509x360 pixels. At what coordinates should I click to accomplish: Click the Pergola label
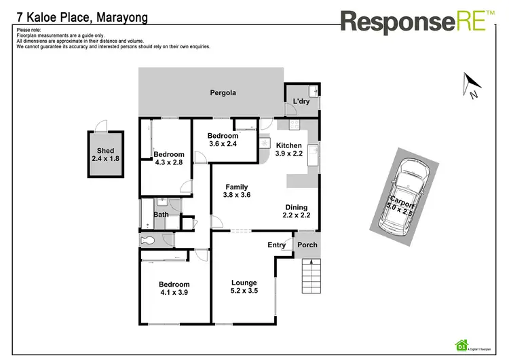tap(222, 92)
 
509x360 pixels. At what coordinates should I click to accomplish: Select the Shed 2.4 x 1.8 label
tap(105, 155)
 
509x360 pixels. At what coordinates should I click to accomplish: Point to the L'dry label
tap(301, 102)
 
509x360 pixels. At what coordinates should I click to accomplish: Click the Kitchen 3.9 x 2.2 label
tap(289, 149)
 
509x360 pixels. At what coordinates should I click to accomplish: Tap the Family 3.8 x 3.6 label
tap(236, 192)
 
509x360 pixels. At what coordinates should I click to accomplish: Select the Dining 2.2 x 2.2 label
tap(296, 211)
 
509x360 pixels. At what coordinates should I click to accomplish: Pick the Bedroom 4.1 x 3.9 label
tap(174, 289)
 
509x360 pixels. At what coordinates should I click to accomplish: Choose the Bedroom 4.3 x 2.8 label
tap(169, 158)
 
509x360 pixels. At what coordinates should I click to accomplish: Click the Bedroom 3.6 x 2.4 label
tap(223, 140)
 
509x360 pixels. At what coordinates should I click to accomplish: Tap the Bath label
tap(161, 215)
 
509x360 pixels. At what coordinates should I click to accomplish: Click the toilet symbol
tap(149, 240)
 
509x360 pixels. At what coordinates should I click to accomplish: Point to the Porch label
tap(307, 245)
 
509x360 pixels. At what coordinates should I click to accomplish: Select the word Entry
tap(277, 245)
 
